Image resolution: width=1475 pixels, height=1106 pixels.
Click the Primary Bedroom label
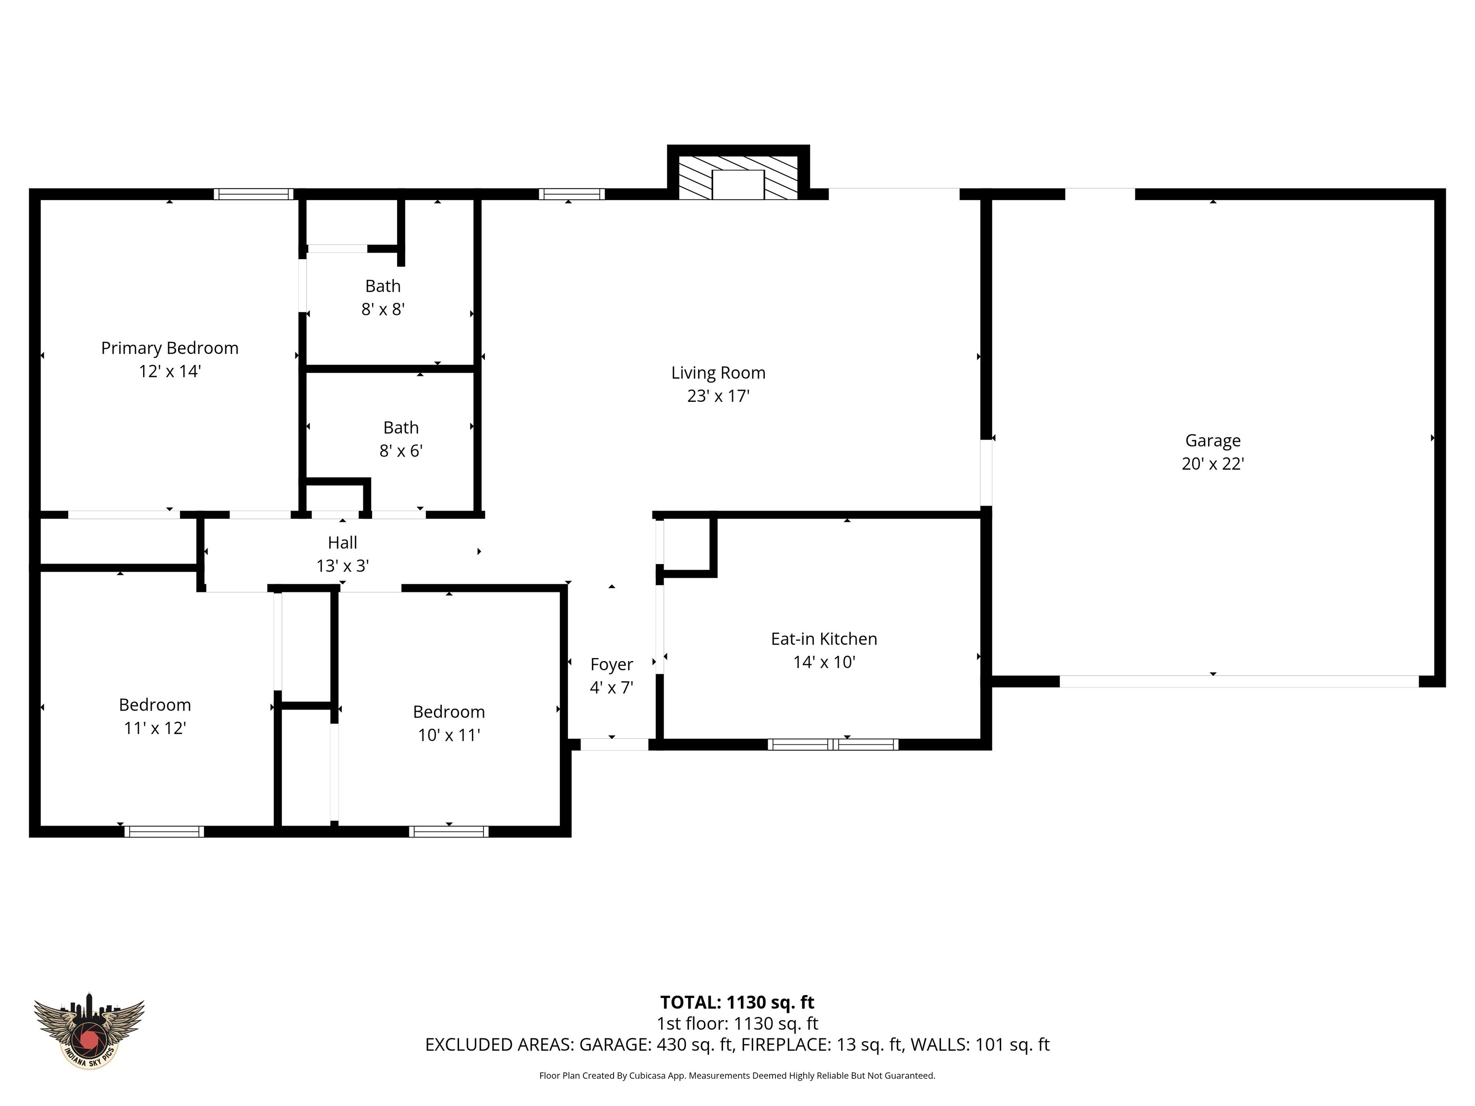[169, 348]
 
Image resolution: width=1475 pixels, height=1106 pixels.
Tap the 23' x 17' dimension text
[718, 396]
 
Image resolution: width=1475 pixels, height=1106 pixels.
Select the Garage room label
[1212, 441]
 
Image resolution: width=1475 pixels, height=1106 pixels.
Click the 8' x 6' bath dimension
[401, 451]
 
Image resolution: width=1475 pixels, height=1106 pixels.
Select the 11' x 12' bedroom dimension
[155, 728]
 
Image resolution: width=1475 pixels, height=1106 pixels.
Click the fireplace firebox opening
[737, 185]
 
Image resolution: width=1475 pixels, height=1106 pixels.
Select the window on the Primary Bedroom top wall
[254, 194]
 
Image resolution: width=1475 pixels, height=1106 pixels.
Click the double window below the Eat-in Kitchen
[833, 745]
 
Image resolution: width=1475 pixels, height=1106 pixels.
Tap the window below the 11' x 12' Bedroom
[164, 831]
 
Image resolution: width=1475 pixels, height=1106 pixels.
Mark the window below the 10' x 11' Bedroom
[449, 831]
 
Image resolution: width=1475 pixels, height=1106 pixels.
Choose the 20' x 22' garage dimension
[1212, 464]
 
